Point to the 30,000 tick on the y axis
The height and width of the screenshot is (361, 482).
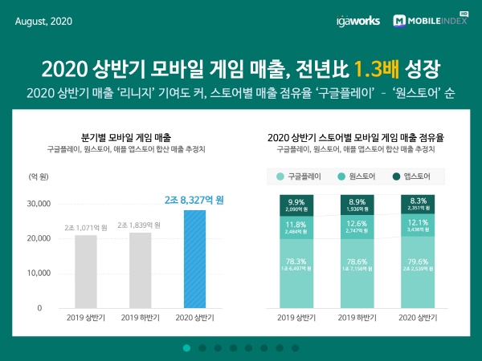click(x=40, y=204)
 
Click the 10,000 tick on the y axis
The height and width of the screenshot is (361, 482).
click(x=40, y=274)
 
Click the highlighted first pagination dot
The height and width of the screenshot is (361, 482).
click(x=186, y=347)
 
